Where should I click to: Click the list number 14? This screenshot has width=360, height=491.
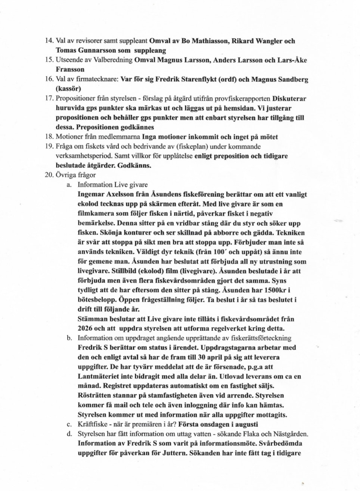[x=49, y=41]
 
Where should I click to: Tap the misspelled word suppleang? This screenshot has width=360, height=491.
[x=150, y=50]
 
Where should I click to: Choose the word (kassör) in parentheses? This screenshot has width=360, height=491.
[x=68, y=89]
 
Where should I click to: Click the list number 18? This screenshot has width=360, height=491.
[x=49, y=137]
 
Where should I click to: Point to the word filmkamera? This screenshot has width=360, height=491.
[x=95, y=214]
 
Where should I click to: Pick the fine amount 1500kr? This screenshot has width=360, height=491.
[x=278, y=290]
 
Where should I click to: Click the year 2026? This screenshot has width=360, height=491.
[x=86, y=329]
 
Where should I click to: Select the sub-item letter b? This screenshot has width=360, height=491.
[x=69, y=338]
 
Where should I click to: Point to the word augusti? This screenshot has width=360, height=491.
[x=245, y=424]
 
